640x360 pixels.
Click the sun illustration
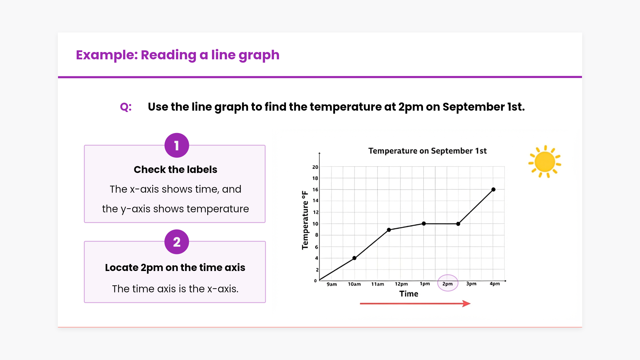pyautogui.click(x=545, y=162)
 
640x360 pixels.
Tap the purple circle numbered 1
pyautogui.click(x=177, y=146)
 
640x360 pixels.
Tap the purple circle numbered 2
pyautogui.click(x=177, y=242)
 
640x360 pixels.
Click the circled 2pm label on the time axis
pyautogui.click(x=447, y=284)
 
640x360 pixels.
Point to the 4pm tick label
pyautogui.click(x=495, y=284)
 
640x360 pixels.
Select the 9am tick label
pyautogui.click(x=332, y=284)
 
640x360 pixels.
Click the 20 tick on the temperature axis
pyautogui.click(x=315, y=167)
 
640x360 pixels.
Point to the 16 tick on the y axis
pyautogui.click(x=315, y=190)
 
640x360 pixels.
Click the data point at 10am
pyautogui.click(x=354, y=258)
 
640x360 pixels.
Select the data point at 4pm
pyautogui.click(x=493, y=190)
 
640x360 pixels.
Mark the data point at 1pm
pyautogui.click(x=424, y=224)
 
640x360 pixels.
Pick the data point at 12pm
pyautogui.click(x=389, y=230)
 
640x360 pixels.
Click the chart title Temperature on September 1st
pyautogui.click(x=427, y=151)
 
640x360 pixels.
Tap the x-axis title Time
pyautogui.click(x=409, y=294)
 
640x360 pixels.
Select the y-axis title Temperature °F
pyautogui.click(x=305, y=220)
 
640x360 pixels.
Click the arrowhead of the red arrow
pyautogui.click(x=467, y=303)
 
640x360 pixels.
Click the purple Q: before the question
pyautogui.click(x=126, y=107)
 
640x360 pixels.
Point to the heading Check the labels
pyautogui.click(x=175, y=170)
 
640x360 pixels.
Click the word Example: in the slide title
pyautogui.click(x=107, y=55)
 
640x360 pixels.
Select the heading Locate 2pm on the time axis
pyautogui.click(x=175, y=268)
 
